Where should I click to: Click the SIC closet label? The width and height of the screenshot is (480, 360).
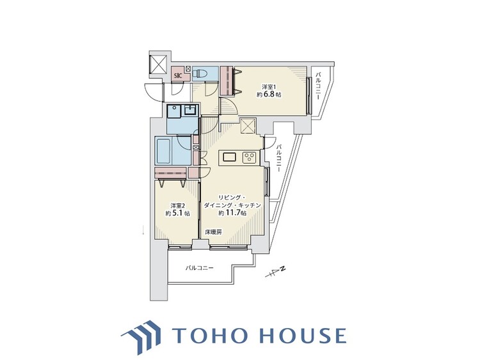coord(178,76)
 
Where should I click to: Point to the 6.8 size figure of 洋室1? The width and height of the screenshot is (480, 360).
coord(269,95)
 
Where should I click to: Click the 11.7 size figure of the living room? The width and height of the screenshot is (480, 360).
coord(233,213)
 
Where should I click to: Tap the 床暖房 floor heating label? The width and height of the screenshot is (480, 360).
coord(213,233)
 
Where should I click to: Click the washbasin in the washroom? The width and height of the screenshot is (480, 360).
coord(191,109)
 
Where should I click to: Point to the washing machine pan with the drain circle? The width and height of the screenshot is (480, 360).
coord(174,111)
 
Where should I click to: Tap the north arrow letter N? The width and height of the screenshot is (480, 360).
coord(283,269)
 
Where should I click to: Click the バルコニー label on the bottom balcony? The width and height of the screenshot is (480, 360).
coord(199,268)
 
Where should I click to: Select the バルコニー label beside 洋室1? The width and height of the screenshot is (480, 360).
coord(317,85)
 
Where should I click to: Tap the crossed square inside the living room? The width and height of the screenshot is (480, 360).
coord(248,125)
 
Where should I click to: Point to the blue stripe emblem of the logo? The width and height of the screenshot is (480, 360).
coord(141,336)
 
